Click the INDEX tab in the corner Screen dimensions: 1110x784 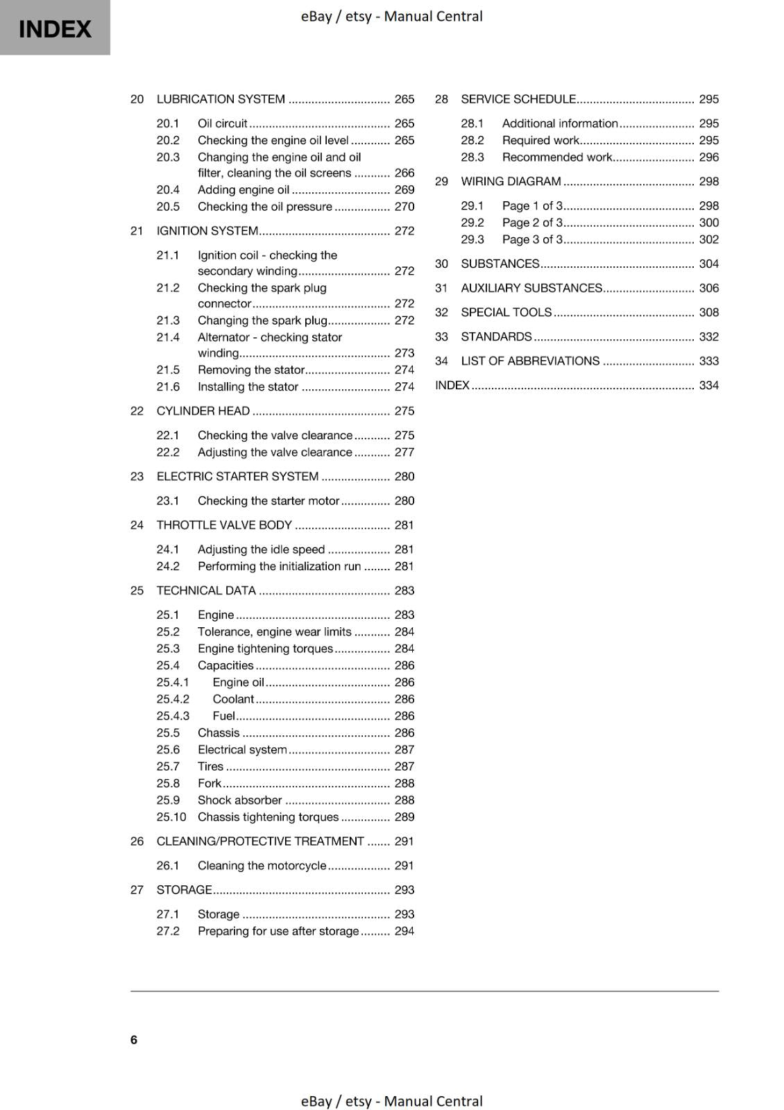click(55, 28)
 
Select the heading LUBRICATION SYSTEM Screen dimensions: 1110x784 click(221, 99)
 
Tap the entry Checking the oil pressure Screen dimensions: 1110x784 click(264, 207)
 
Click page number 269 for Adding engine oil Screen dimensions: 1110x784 click(404, 190)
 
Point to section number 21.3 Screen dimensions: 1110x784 click(168, 321)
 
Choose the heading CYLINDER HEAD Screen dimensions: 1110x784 click(203, 411)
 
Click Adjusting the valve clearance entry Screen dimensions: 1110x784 click(275, 452)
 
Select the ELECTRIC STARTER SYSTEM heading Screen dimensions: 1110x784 click(237, 477)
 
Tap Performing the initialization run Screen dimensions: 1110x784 click(279, 567)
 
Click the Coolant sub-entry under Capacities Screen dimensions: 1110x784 click(233, 699)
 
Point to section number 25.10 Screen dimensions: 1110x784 click(171, 817)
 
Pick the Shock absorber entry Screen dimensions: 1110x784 click(239, 801)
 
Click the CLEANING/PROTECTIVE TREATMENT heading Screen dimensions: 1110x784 click(260, 842)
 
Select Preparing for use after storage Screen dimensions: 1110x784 click(278, 932)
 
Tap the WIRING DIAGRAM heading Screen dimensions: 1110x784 click(511, 182)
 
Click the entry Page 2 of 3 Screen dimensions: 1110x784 click(532, 223)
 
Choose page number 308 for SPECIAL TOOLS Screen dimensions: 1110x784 click(708, 313)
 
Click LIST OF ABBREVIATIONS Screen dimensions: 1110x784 click(530, 361)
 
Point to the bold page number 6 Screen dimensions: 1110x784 click(134, 1040)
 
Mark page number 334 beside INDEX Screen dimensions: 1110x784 click(708, 386)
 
